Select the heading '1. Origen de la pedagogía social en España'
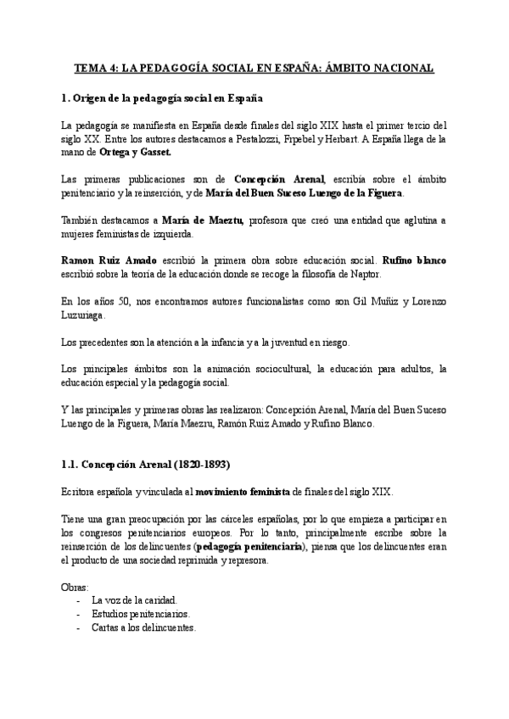click(x=162, y=99)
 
